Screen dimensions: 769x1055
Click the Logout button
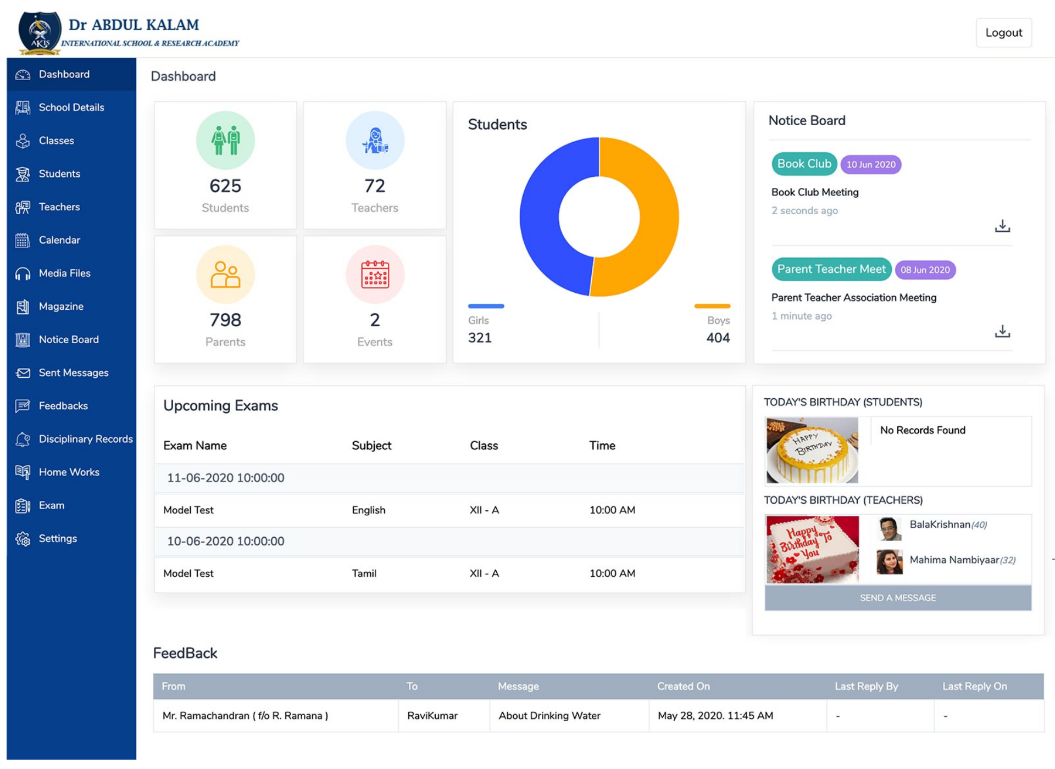coord(1003,32)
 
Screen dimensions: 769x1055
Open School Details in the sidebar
coord(71,107)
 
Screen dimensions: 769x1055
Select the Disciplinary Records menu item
coord(85,439)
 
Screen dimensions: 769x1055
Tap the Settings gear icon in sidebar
coord(23,539)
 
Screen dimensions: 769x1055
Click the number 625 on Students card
coord(225,186)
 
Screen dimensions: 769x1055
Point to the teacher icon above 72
coord(375,141)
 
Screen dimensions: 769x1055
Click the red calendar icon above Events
coord(375,275)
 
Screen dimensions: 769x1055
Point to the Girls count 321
coord(480,338)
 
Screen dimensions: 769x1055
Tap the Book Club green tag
coord(804,164)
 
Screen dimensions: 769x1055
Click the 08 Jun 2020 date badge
coord(925,270)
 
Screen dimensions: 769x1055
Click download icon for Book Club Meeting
coord(1002,226)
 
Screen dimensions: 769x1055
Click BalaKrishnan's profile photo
coord(889,529)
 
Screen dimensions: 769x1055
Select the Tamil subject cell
coord(364,573)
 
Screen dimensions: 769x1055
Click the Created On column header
coord(683,686)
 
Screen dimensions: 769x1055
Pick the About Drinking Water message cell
coord(549,716)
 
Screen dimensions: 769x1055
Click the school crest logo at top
coord(40,33)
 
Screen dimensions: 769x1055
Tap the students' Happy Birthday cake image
coord(812,450)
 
